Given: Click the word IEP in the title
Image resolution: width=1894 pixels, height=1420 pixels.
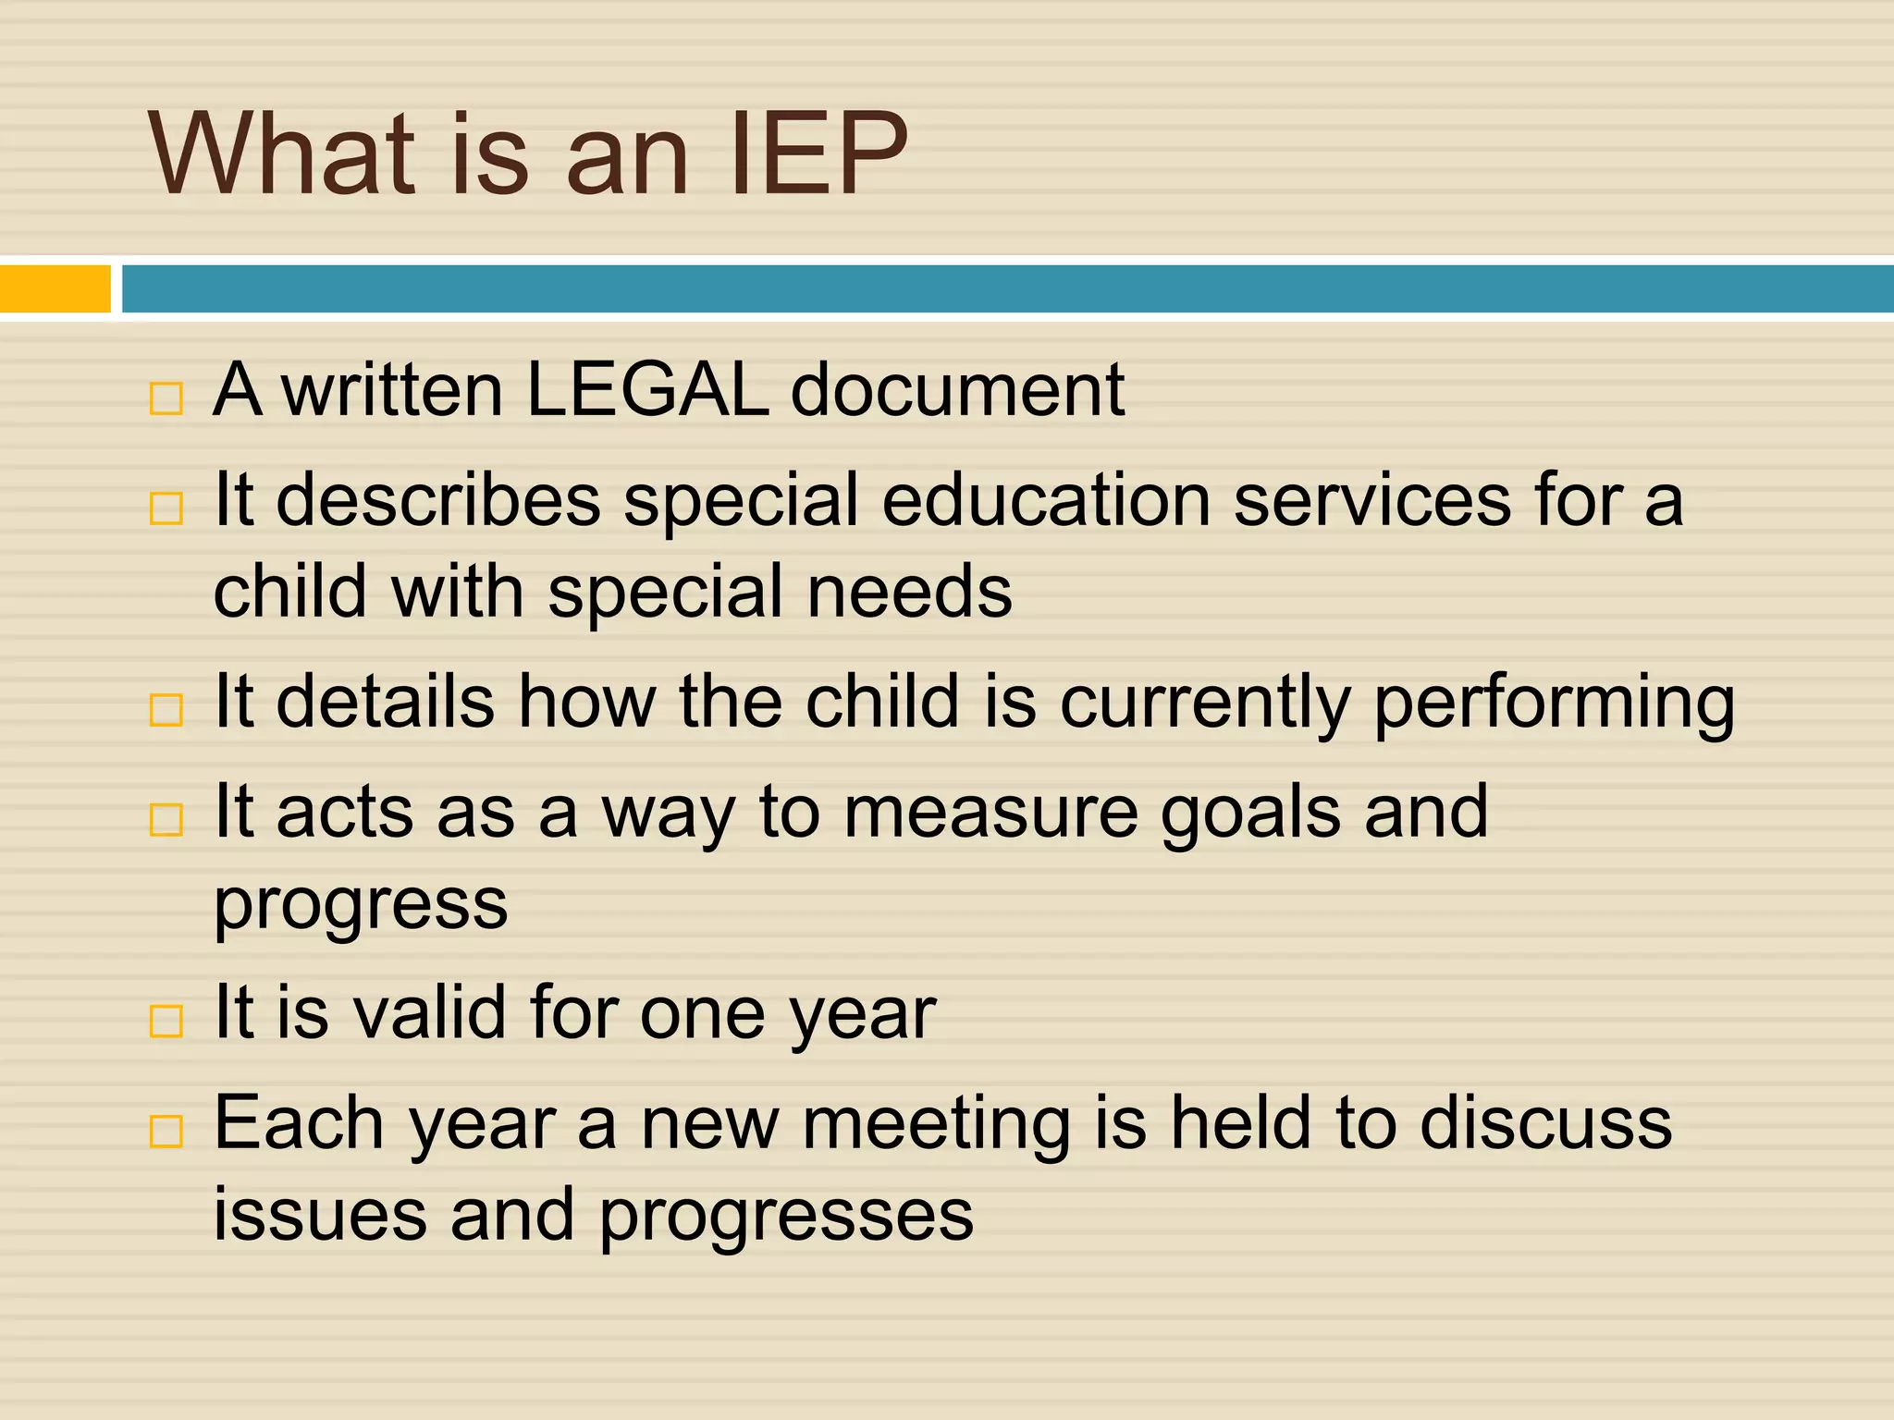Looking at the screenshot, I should (x=818, y=154).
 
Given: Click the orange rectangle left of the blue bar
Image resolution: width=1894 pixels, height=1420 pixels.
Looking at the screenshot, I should (x=55, y=288).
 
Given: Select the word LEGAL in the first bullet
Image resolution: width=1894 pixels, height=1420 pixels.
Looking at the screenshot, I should (x=646, y=389).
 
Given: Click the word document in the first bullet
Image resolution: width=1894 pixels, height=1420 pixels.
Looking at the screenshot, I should (x=957, y=389).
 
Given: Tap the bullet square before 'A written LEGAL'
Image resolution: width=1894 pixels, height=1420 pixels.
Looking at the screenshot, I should (x=166, y=399).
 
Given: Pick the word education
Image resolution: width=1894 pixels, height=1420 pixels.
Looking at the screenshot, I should (x=1046, y=500).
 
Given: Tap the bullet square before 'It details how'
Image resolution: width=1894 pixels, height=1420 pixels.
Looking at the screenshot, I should (x=166, y=710).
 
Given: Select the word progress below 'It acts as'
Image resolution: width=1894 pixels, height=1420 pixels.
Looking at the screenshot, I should (x=361, y=904).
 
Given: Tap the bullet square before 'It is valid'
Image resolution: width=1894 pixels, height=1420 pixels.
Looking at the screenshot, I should (x=166, y=1021).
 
